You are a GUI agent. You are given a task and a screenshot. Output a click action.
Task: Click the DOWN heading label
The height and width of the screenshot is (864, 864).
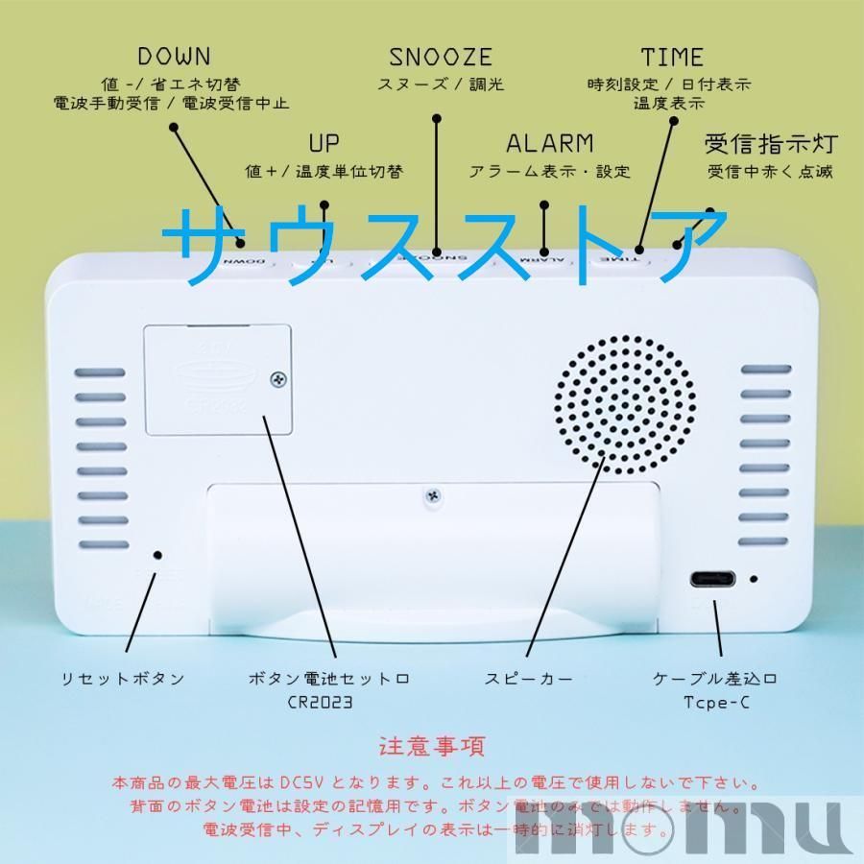pyautogui.click(x=174, y=57)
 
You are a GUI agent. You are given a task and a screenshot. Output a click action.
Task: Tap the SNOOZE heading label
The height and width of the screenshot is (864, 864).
pyautogui.click(x=441, y=57)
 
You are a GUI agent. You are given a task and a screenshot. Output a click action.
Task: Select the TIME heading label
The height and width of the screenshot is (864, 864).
pyautogui.click(x=672, y=57)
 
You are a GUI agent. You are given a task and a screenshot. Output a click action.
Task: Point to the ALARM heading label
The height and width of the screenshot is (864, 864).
pyautogui.click(x=550, y=144)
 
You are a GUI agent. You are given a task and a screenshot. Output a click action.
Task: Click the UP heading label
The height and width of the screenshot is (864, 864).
pyautogui.click(x=324, y=144)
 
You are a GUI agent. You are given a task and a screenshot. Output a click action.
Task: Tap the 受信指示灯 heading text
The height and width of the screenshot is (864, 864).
pyautogui.click(x=772, y=145)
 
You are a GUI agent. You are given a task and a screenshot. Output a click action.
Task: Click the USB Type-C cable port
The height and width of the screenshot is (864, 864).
pyautogui.click(x=712, y=581)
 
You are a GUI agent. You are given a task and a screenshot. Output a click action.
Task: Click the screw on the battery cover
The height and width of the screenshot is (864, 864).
pyautogui.click(x=279, y=380)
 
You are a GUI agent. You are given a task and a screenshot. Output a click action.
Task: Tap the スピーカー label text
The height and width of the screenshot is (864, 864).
pyautogui.click(x=529, y=679)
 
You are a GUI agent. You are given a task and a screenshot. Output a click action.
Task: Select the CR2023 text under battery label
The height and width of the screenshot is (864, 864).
pyautogui.click(x=319, y=702)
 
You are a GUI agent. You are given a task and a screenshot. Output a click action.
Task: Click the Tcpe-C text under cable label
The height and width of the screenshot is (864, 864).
pyautogui.click(x=715, y=702)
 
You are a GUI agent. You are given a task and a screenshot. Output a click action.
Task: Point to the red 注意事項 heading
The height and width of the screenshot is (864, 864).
pyautogui.click(x=432, y=746)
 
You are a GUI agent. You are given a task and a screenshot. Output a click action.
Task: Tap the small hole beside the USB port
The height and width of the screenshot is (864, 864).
pyautogui.click(x=755, y=580)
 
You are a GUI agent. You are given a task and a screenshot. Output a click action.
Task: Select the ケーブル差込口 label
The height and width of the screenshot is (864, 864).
pyautogui.click(x=715, y=679)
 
